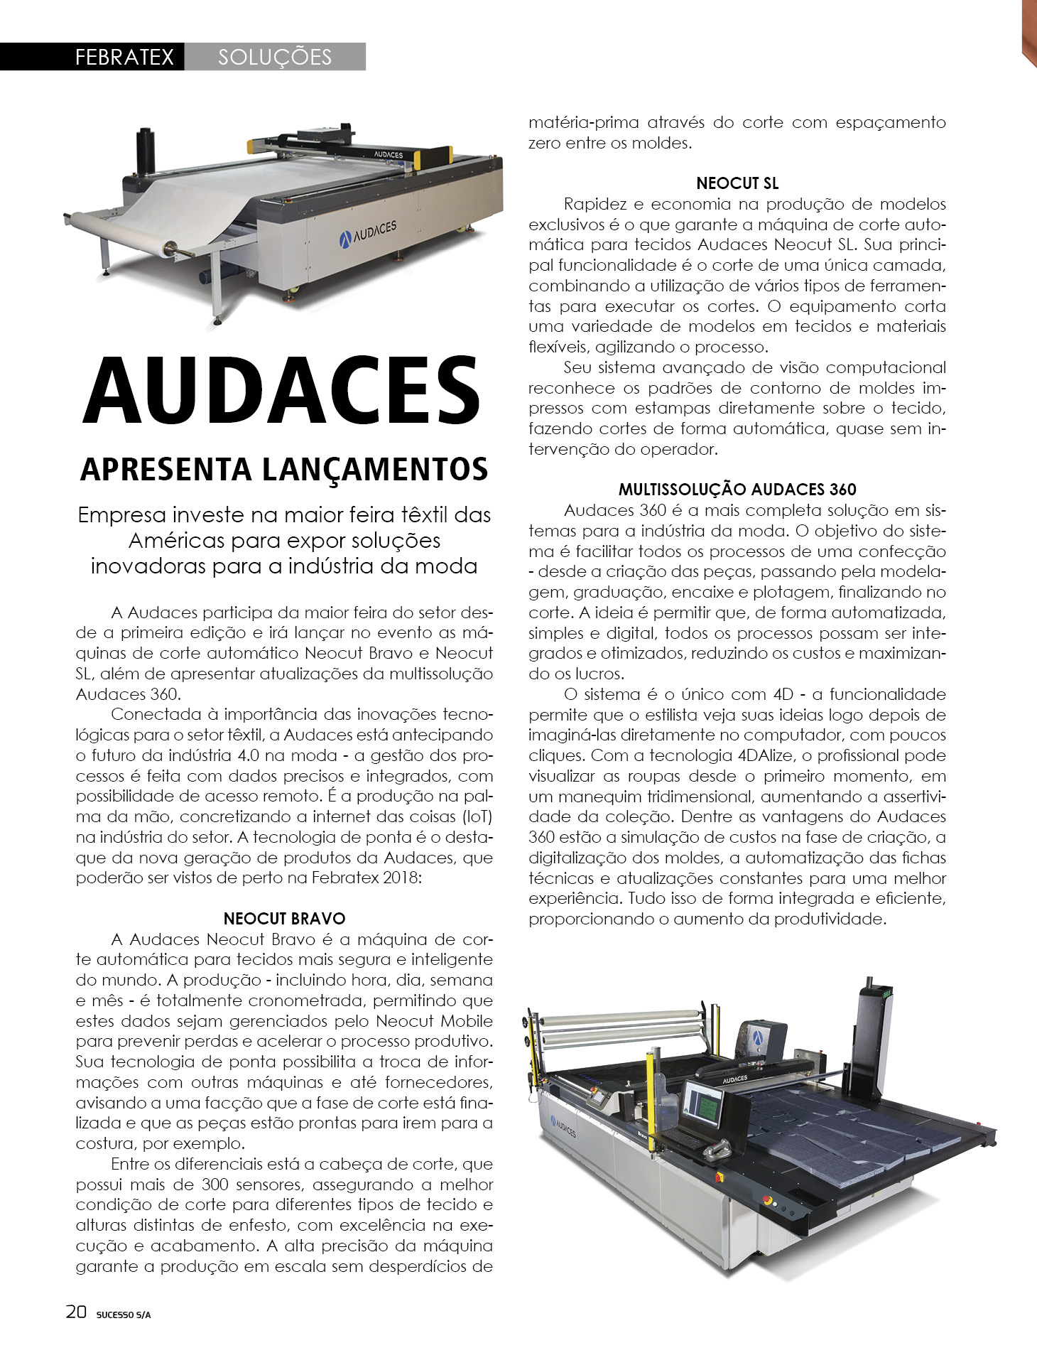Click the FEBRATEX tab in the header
(x=124, y=57)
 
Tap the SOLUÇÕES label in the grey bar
(x=275, y=57)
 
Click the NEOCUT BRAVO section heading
(x=284, y=919)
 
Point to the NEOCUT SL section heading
(x=737, y=183)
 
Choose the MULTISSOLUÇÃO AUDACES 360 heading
(x=737, y=490)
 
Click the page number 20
(x=76, y=1312)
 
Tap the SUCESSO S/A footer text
(x=124, y=1315)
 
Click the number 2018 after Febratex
(x=401, y=878)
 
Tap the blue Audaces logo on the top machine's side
(x=368, y=231)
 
